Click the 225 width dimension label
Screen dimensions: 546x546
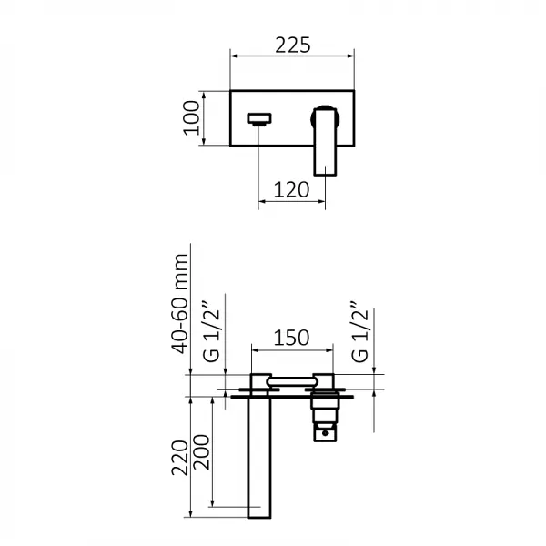tap(292, 45)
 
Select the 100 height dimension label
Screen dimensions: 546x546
tap(191, 117)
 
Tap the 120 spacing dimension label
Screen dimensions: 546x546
tap(291, 190)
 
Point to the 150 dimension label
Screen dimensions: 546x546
tap(291, 338)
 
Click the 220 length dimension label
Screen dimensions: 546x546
tap(179, 458)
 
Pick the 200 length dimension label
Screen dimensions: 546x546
tap(201, 452)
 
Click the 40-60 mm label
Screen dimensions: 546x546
tap(180, 304)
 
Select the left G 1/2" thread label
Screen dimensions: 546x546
tap(211, 331)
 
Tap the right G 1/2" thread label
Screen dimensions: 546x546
tap(359, 331)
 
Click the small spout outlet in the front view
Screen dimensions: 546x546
tap(259, 118)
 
